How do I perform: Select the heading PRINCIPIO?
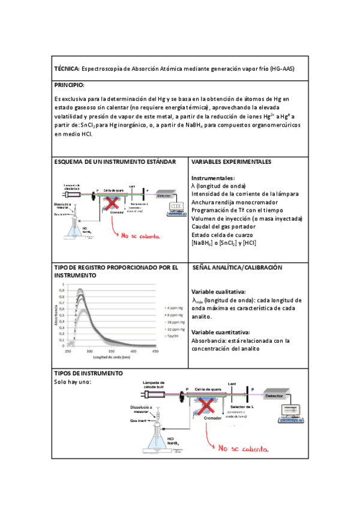(69, 85)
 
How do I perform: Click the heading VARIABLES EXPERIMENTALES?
(231, 162)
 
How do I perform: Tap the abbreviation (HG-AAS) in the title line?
(282, 69)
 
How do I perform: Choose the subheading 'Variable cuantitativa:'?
(220, 332)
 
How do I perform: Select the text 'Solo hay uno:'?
(72, 382)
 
